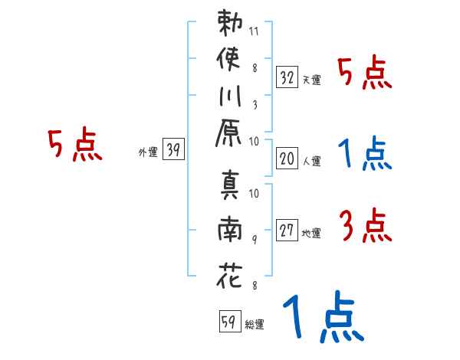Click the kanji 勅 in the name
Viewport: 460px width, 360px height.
[x=230, y=23]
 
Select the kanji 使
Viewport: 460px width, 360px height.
[x=228, y=59]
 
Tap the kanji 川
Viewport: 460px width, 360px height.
[x=230, y=96]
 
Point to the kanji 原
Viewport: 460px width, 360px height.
[x=228, y=133]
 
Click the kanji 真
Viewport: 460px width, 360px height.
[x=230, y=185]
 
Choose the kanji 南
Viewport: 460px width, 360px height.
[x=230, y=229]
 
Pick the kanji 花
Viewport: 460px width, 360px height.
[x=229, y=275]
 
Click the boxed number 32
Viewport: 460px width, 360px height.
[x=287, y=77]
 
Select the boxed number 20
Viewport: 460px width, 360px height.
[x=287, y=159]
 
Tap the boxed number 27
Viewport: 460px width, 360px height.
[x=287, y=230]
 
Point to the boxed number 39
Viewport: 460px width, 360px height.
[x=173, y=149]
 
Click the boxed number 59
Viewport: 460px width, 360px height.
[x=230, y=321]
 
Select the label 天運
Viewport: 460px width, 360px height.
[x=312, y=80]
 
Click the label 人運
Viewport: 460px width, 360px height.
[x=312, y=161]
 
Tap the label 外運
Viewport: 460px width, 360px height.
[x=148, y=152]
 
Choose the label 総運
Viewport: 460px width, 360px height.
[x=255, y=324]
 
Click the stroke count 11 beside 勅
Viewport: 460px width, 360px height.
[x=254, y=31]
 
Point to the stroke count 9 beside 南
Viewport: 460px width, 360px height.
[x=255, y=240]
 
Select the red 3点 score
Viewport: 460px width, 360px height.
[x=366, y=225]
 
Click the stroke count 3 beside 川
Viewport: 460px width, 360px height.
[x=255, y=105]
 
